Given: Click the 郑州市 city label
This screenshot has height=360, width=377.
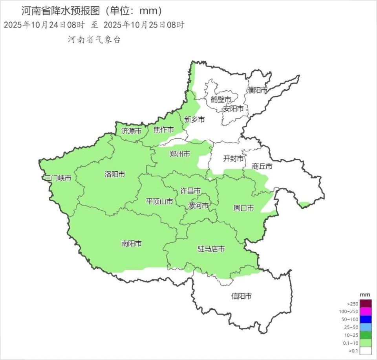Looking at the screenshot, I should [180, 154].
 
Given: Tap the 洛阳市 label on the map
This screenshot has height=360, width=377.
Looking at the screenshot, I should [115, 174].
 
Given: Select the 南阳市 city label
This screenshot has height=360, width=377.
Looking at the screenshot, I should [132, 244].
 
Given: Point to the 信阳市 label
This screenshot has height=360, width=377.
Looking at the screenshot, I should [242, 296].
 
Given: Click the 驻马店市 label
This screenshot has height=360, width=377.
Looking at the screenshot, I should [211, 249].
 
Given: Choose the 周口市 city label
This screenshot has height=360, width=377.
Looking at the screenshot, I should [243, 208].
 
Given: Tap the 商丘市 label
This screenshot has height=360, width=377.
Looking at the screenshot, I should [262, 166].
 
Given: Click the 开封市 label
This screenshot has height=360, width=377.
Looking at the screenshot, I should [233, 159].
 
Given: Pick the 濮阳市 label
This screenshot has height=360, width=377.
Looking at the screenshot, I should [257, 90].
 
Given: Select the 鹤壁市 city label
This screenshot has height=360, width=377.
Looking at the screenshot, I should [221, 99].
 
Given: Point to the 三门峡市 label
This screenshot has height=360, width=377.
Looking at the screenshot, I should [58, 178].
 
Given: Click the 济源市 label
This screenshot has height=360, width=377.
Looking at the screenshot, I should [131, 131].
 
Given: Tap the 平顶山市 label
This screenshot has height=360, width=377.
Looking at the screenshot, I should [159, 202].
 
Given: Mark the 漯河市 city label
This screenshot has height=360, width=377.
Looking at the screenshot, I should [199, 206].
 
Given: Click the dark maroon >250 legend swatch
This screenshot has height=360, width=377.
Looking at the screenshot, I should [366, 304].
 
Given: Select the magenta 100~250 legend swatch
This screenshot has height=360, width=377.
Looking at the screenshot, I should [366, 312].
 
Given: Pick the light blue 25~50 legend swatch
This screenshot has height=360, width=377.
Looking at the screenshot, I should [366, 327].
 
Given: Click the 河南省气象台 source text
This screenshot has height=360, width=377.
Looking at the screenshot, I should [94, 39].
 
